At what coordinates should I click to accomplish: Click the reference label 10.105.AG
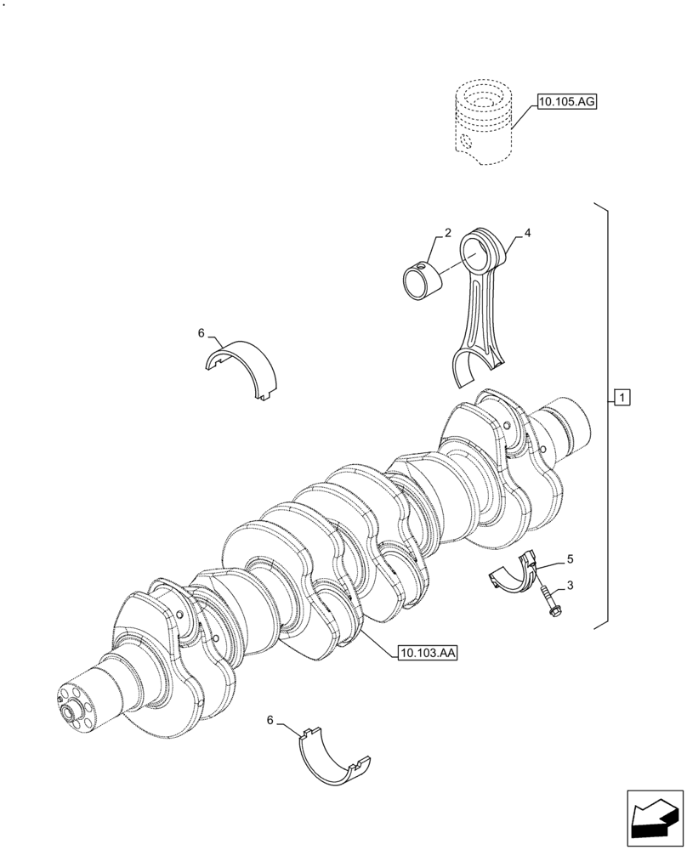567,103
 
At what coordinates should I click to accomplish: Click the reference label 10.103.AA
427,653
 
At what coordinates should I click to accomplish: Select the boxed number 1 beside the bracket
622,397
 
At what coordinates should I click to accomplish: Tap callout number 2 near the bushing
447,232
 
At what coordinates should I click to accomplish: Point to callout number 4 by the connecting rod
528,232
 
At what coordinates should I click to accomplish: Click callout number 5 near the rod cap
571,559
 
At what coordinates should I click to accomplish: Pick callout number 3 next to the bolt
571,586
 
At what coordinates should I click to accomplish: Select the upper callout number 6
202,333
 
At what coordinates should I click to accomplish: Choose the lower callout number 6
270,720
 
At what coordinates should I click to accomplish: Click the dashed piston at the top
484,123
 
